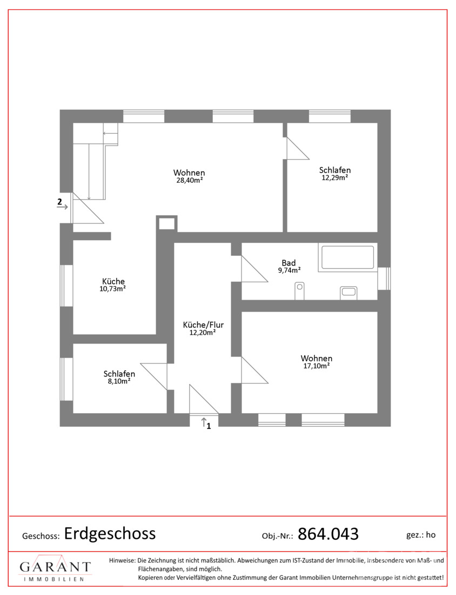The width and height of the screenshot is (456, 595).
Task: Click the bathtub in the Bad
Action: click(x=347, y=257)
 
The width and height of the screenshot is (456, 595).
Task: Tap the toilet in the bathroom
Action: click(x=299, y=291)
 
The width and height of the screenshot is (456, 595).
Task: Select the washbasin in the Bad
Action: click(x=348, y=293)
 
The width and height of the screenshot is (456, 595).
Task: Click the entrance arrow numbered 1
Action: click(x=204, y=421)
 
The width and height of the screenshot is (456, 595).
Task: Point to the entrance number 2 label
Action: click(x=59, y=202)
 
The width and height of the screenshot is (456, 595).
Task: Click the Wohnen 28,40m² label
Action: click(x=189, y=176)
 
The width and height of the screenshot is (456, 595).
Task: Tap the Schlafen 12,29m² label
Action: click(x=334, y=174)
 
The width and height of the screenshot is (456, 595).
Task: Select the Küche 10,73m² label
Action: click(x=113, y=285)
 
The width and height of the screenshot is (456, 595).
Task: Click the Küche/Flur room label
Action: click(x=203, y=328)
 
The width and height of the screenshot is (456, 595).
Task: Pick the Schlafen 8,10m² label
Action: click(x=119, y=377)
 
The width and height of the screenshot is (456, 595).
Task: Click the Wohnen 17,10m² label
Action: click(x=317, y=362)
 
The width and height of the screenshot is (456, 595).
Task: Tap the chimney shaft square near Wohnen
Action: click(x=167, y=223)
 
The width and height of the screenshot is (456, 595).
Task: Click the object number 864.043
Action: click(x=328, y=534)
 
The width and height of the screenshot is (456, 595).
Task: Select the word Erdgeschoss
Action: click(x=110, y=533)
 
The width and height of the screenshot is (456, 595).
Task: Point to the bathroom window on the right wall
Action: click(x=384, y=279)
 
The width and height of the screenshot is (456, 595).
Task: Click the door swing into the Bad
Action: click(x=254, y=269)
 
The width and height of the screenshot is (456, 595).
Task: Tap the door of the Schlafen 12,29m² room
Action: click(x=298, y=148)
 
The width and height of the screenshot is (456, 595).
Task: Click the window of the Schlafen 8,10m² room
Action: click(x=66, y=379)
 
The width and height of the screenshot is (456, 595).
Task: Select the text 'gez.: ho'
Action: click(x=421, y=535)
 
